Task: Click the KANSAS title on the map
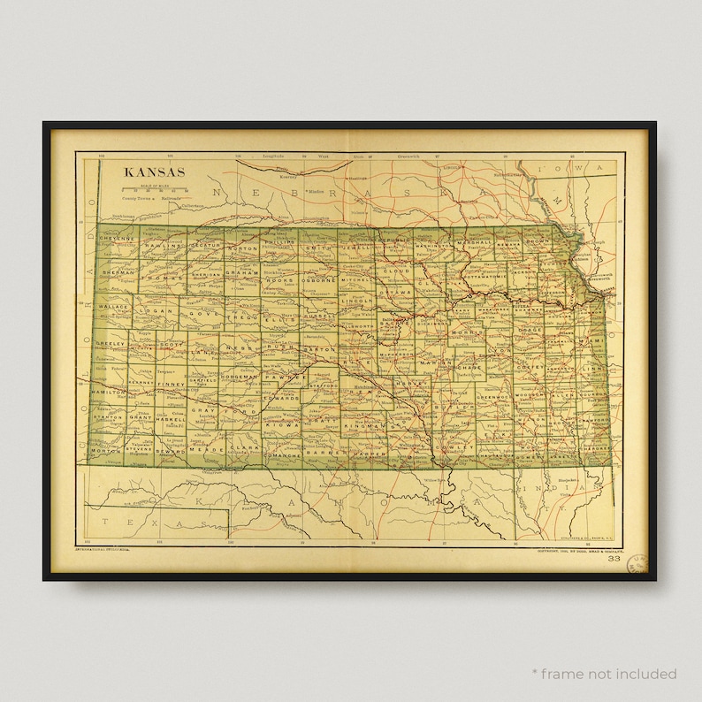point(154,172)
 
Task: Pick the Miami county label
point(592,340)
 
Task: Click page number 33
point(614,559)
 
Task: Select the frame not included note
point(603,674)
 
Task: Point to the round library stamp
point(637,566)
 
